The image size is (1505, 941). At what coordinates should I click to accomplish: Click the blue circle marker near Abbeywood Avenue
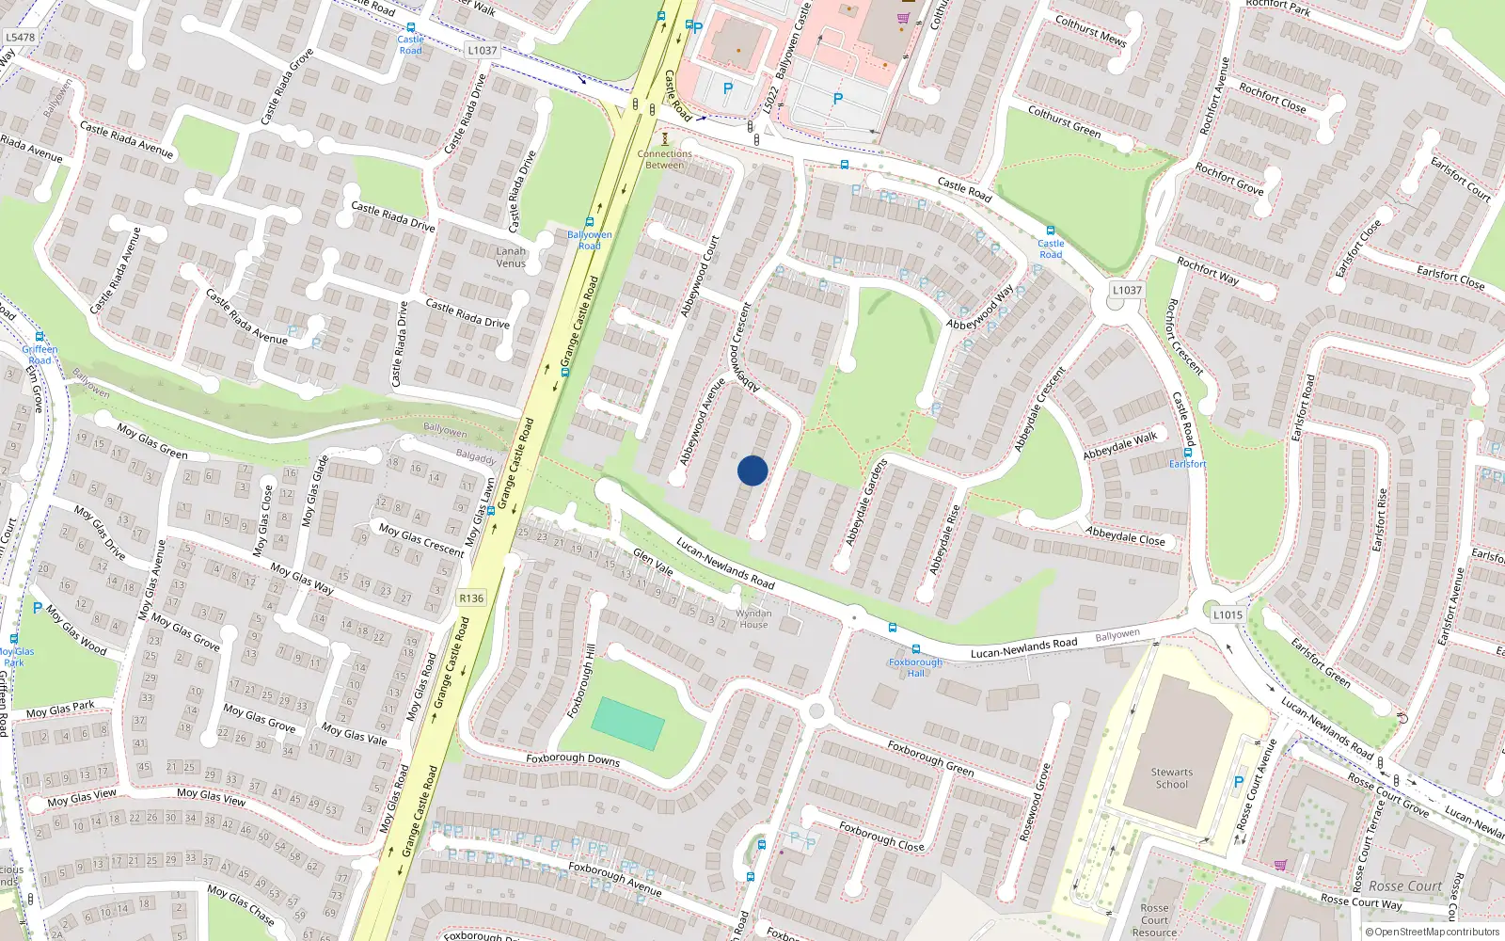[x=752, y=470]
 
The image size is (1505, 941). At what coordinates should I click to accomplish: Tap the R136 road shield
[x=471, y=598]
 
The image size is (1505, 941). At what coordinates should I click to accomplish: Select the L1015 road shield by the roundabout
[x=1228, y=614]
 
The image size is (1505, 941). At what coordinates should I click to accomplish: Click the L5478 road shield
[x=20, y=38]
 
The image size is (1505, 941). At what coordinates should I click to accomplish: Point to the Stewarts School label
[x=1171, y=778]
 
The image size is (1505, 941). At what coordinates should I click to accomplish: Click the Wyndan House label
[x=753, y=618]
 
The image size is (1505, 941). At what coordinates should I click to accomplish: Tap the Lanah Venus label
[x=511, y=257]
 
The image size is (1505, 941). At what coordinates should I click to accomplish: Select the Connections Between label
[x=664, y=159]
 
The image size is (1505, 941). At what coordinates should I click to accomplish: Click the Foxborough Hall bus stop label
[x=915, y=667]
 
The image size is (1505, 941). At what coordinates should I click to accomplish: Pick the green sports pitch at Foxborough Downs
[x=628, y=724]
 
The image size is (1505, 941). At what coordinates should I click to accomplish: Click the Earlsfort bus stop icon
[x=1188, y=453]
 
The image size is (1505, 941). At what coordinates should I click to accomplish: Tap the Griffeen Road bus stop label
[x=40, y=355]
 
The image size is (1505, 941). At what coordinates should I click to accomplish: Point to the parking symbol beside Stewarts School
[x=1239, y=782]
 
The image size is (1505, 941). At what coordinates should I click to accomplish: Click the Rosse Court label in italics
[x=1404, y=886]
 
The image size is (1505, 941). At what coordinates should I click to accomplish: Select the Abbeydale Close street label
[x=1125, y=536]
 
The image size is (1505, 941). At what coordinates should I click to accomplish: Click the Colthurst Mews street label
[x=1090, y=30]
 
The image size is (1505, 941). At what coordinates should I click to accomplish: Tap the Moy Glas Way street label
[x=302, y=579]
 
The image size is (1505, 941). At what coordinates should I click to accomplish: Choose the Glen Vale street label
[x=653, y=562]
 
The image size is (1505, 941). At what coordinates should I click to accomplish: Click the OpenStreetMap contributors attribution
[x=1433, y=932]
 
